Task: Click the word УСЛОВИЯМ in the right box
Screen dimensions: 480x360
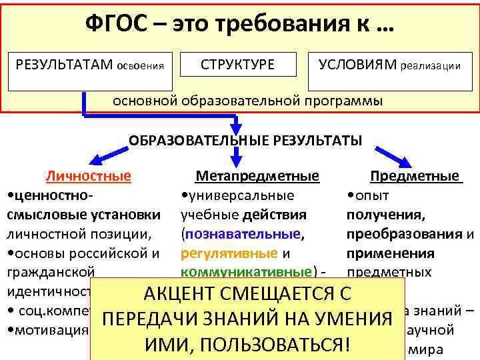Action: point(357,64)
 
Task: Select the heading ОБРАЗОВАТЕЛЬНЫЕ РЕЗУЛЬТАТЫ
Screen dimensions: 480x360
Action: point(245,141)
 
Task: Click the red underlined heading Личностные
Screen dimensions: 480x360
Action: point(88,177)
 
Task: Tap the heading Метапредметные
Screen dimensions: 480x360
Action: point(257,177)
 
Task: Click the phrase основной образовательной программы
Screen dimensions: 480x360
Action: point(247,101)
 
